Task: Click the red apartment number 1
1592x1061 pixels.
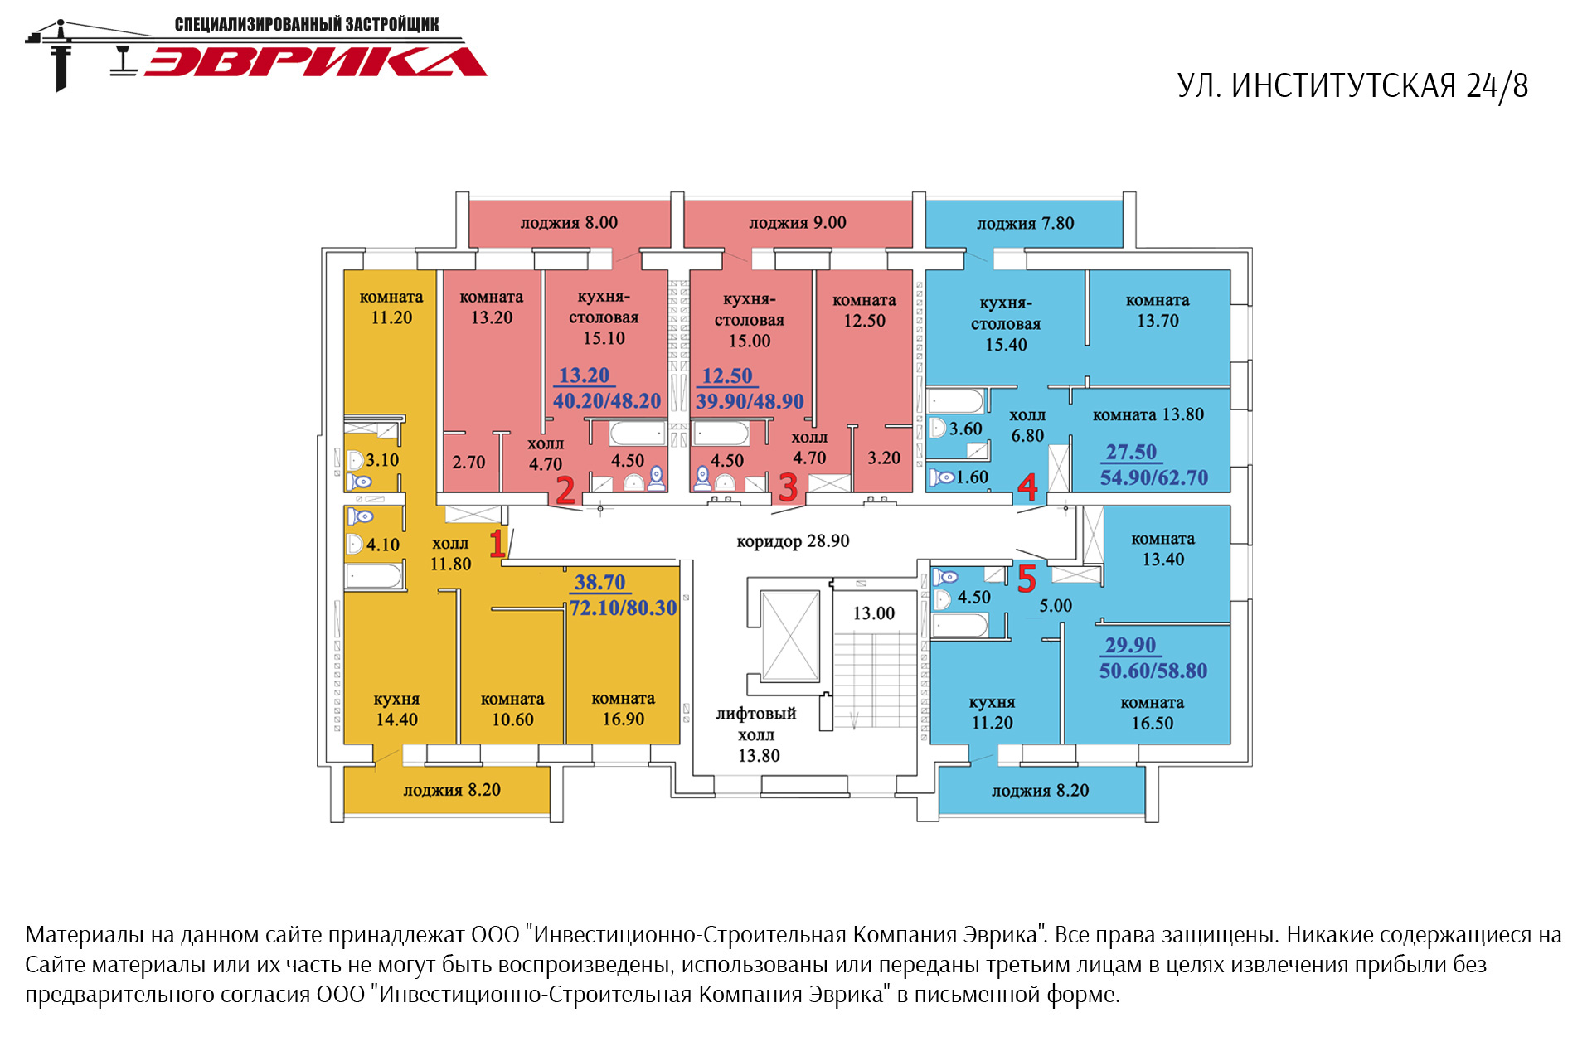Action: tap(497, 544)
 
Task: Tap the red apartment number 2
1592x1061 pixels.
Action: tap(565, 490)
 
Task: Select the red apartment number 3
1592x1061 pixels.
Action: tap(788, 487)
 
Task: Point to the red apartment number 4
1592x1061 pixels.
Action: tap(1027, 487)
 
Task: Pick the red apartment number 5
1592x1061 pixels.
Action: tap(1027, 579)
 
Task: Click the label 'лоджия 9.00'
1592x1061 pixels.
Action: tap(798, 223)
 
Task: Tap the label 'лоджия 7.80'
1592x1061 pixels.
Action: tap(1025, 224)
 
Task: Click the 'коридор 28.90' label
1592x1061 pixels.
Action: tap(793, 541)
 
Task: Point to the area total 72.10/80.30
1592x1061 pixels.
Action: tap(623, 608)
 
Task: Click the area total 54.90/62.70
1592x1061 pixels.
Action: tap(1153, 477)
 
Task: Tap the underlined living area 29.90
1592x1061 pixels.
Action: tap(1130, 645)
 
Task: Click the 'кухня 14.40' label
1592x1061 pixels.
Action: tap(396, 710)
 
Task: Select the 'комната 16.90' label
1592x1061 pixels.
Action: tap(623, 709)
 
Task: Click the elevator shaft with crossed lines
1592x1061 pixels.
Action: tap(790, 636)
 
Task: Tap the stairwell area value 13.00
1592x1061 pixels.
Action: tap(874, 613)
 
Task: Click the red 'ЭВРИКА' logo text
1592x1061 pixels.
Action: tap(316, 61)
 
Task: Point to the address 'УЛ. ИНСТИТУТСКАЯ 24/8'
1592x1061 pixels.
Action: tap(1352, 86)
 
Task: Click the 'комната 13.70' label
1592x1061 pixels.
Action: tap(1158, 310)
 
